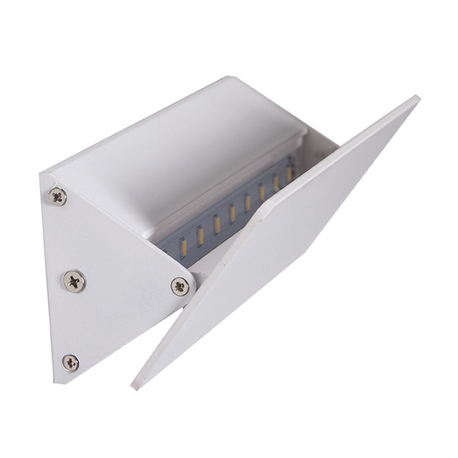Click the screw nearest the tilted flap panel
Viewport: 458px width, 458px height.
point(179,286)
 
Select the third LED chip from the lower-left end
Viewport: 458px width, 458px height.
point(216,224)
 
